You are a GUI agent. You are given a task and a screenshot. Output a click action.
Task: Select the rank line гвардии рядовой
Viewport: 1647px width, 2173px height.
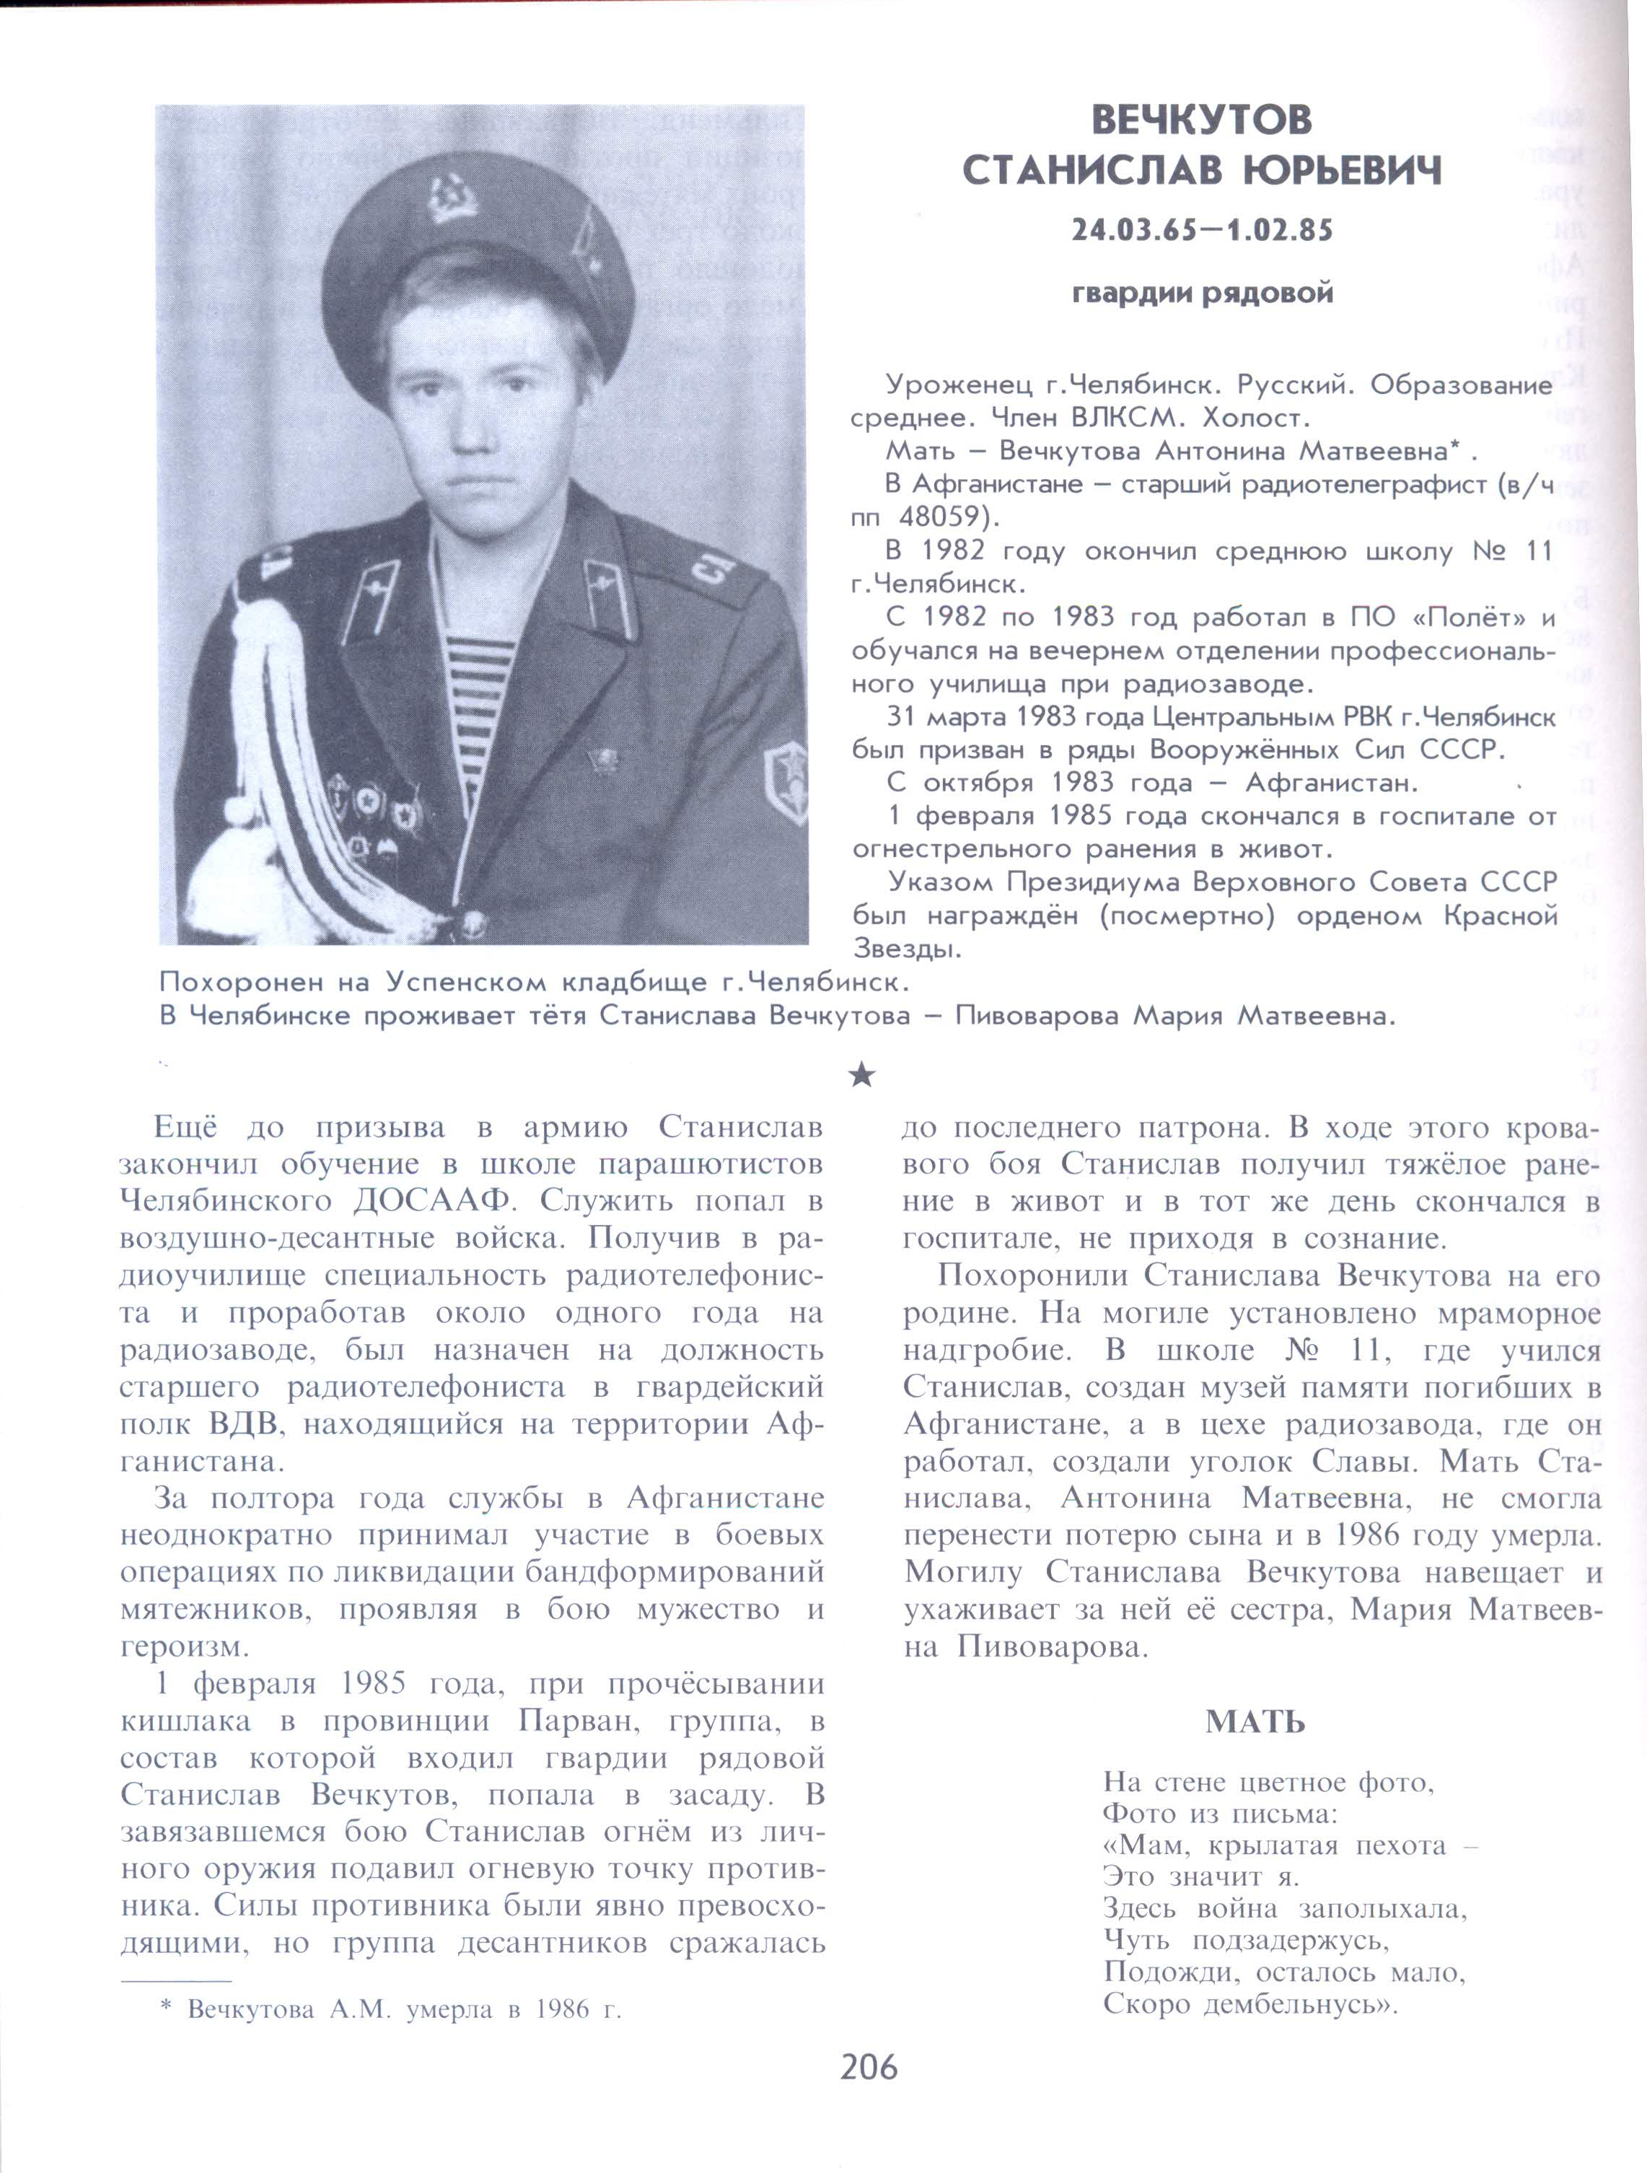coord(1202,294)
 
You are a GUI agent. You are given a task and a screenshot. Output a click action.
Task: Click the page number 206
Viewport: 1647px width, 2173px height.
coord(868,2067)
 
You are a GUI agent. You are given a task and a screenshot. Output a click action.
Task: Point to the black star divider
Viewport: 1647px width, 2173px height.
coord(861,1076)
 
